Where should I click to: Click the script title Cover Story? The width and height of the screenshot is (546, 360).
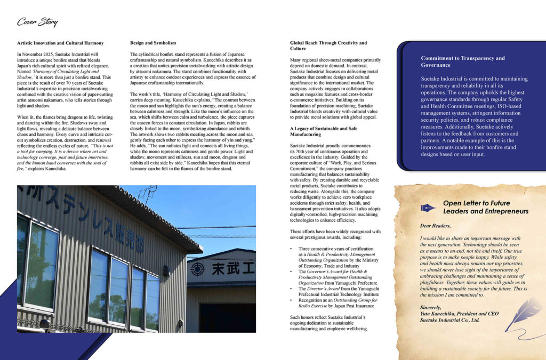tap(37, 22)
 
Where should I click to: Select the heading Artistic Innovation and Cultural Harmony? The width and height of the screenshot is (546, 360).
tap(60, 43)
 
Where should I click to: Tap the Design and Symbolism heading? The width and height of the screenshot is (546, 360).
tap(154, 43)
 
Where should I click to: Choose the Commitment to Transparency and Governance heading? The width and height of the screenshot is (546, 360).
tap(462, 61)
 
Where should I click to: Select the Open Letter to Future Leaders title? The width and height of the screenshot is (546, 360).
tap(485, 207)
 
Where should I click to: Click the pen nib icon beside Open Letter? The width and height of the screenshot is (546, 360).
tap(428, 207)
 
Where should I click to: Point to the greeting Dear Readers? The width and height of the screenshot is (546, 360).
tap(435, 226)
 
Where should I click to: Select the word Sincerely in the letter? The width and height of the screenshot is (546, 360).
tap(431, 307)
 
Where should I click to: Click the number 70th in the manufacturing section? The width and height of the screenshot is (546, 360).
tap(301, 152)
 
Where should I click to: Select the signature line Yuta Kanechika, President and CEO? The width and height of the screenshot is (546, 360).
tap(459, 314)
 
